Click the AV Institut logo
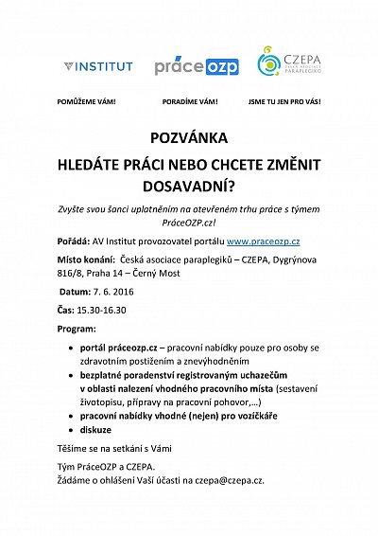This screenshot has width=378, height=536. pos(98,66)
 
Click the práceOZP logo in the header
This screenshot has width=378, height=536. pos(196,65)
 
